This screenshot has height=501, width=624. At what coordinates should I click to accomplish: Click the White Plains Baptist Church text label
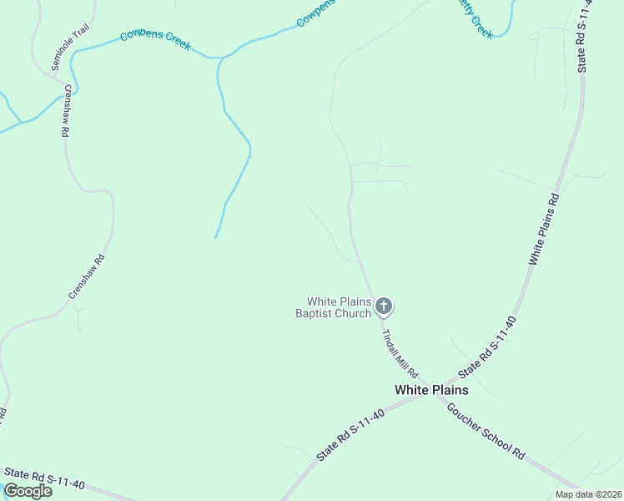point(339,307)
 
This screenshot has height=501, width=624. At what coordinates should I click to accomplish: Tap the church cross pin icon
point(384,306)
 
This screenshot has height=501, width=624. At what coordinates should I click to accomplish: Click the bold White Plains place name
point(431,390)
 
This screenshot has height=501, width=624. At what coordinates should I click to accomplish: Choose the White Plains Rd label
point(544,229)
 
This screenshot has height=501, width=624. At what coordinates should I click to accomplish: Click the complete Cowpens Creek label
point(156,39)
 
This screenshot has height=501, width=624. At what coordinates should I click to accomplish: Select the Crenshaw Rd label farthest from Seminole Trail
point(86,276)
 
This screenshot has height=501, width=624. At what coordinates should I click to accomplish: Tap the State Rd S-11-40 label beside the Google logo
point(44,478)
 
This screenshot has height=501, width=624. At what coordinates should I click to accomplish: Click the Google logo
point(28,491)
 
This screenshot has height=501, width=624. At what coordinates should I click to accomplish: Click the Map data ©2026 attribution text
point(587,494)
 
